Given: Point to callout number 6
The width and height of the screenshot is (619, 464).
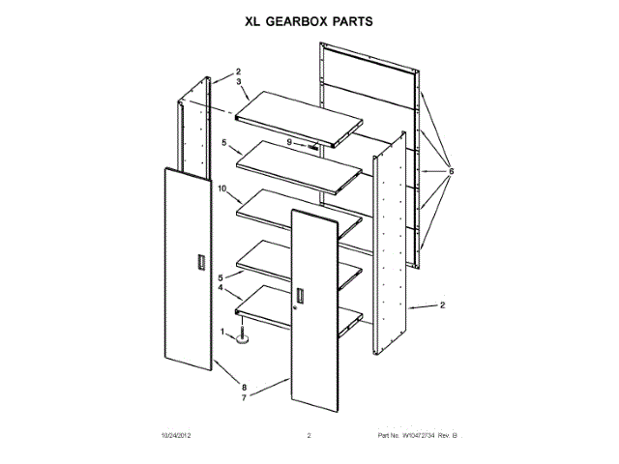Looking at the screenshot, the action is (x=450, y=172).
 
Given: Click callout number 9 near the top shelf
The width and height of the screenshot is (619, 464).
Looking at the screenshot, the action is (x=288, y=143).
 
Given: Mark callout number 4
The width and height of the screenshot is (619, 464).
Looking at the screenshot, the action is (x=221, y=287).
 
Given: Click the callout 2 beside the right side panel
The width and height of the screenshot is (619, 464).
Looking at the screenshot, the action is (x=442, y=306).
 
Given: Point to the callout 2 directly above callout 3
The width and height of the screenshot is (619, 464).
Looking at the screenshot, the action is (x=238, y=71).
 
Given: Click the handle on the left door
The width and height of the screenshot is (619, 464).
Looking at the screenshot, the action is (x=200, y=262).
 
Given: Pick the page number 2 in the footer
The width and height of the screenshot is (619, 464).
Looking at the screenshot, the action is (x=309, y=437).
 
